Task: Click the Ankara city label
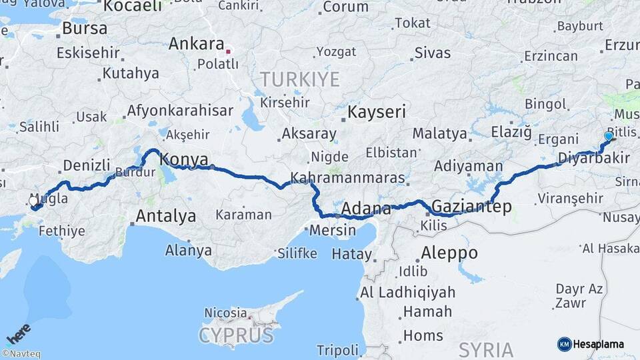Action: point(196,44)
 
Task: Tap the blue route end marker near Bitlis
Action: point(608,136)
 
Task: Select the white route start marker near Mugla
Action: point(33,200)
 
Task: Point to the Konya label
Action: point(185,159)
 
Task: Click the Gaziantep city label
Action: point(472,207)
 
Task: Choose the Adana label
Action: point(366,209)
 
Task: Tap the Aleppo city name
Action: point(449,253)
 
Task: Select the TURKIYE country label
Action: point(299,79)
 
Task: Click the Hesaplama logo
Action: point(591,344)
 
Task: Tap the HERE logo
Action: point(19,333)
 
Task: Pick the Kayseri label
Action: point(376,111)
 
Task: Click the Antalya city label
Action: point(165,216)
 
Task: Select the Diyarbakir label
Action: point(585,158)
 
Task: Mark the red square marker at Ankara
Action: point(229,50)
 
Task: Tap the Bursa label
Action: point(85,29)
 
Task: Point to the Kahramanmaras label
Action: point(349,178)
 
